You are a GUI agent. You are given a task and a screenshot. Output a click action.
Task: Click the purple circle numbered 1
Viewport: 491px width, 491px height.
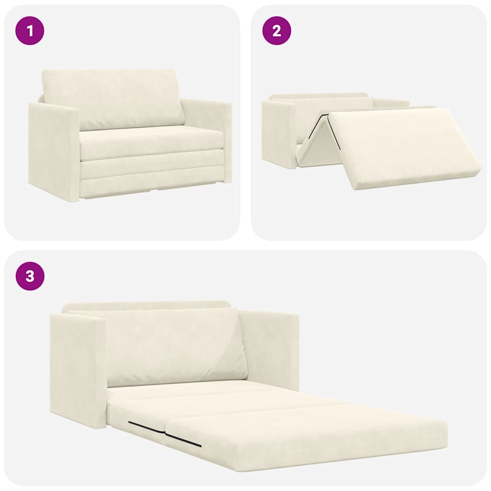click(x=30, y=31)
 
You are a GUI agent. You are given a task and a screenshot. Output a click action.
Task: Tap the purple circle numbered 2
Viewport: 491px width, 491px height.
click(x=277, y=31)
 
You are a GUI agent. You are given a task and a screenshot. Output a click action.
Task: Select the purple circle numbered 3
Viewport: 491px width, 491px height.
click(x=30, y=276)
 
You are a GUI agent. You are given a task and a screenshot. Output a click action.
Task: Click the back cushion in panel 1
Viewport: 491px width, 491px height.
click(x=113, y=98)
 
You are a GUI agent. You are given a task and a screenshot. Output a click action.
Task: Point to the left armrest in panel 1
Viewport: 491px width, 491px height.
click(x=53, y=151)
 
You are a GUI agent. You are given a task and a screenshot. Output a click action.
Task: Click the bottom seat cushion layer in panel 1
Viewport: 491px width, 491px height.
click(x=151, y=187)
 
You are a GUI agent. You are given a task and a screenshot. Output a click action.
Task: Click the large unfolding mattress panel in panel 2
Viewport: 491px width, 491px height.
click(x=403, y=146)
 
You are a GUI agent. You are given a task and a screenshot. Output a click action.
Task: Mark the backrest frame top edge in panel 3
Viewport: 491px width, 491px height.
click(x=146, y=305)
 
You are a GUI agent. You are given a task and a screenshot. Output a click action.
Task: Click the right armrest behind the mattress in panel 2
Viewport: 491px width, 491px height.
click(x=391, y=103)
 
